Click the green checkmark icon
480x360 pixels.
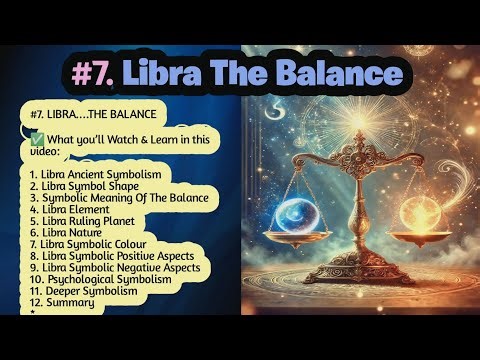coord(37,138)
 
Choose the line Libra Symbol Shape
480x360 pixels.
coord(85,186)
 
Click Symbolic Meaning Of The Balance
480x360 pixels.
coord(119,197)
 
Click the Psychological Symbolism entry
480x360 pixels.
coord(101,279)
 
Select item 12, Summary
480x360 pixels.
coord(62,302)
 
